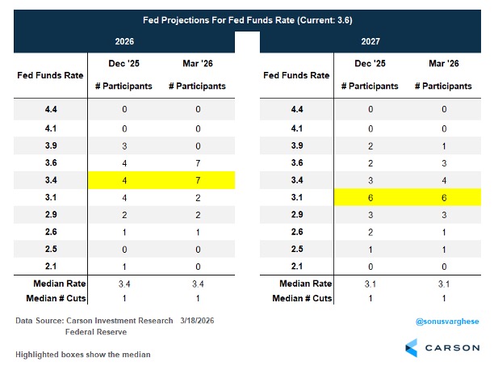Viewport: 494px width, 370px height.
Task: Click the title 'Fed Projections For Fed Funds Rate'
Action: (x=218, y=20)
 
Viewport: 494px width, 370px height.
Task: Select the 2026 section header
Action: (x=124, y=41)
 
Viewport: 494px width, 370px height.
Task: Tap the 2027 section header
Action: (x=370, y=41)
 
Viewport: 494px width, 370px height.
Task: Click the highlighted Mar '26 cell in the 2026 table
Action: (x=198, y=180)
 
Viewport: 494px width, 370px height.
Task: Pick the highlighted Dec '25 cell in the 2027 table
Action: (x=370, y=198)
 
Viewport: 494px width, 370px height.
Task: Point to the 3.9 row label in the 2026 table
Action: (x=51, y=145)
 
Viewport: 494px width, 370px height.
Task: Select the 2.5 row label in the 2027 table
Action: (x=297, y=249)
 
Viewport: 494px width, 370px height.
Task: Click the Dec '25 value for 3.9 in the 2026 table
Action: (x=124, y=146)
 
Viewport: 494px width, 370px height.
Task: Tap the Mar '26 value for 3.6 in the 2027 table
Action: (x=444, y=163)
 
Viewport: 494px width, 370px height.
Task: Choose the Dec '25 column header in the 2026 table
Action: (x=124, y=63)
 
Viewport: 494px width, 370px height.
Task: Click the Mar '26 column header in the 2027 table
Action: (x=444, y=63)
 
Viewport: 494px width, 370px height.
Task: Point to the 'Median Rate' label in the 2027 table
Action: (x=306, y=284)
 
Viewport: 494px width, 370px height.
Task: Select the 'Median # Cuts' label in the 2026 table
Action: (x=56, y=298)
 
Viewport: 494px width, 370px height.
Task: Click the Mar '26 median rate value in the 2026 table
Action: (x=198, y=284)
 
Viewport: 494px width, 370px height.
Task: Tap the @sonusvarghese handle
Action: (x=447, y=322)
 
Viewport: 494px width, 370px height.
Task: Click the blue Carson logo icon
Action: (x=412, y=348)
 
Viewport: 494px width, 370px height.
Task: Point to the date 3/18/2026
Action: (x=197, y=321)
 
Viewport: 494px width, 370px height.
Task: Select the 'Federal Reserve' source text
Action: (x=96, y=332)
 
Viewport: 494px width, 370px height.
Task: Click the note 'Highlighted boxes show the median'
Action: (x=83, y=355)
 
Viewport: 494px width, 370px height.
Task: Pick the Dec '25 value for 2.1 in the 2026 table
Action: (x=124, y=267)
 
